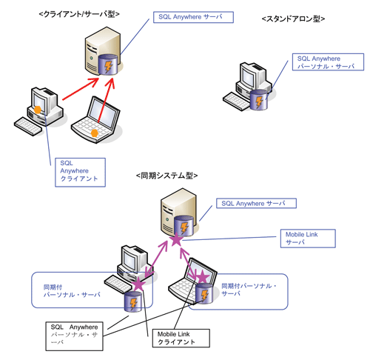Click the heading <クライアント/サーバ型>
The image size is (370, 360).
[x=79, y=14]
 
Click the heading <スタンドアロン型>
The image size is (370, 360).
[x=293, y=19]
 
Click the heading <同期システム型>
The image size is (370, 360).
[x=167, y=176]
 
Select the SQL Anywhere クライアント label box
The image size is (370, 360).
[x=80, y=173]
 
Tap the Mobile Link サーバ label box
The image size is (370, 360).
[x=308, y=239]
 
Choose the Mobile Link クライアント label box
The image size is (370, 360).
[x=181, y=338]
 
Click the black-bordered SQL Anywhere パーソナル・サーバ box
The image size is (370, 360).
[x=74, y=336]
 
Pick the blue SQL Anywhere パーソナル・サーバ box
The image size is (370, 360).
[x=328, y=62]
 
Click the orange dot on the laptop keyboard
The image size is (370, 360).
[x=95, y=133]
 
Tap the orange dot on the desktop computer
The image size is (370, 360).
[x=38, y=110]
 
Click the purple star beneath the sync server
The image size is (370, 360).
[x=177, y=240]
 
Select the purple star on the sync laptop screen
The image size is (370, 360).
[x=203, y=276]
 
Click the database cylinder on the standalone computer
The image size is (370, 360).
[x=259, y=100]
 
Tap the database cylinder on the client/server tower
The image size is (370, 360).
[x=107, y=64]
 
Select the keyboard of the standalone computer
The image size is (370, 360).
[x=236, y=101]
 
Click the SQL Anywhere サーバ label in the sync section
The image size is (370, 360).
[x=256, y=203]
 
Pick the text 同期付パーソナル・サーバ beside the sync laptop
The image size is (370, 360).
[x=249, y=290]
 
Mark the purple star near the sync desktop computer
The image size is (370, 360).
[x=139, y=284]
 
